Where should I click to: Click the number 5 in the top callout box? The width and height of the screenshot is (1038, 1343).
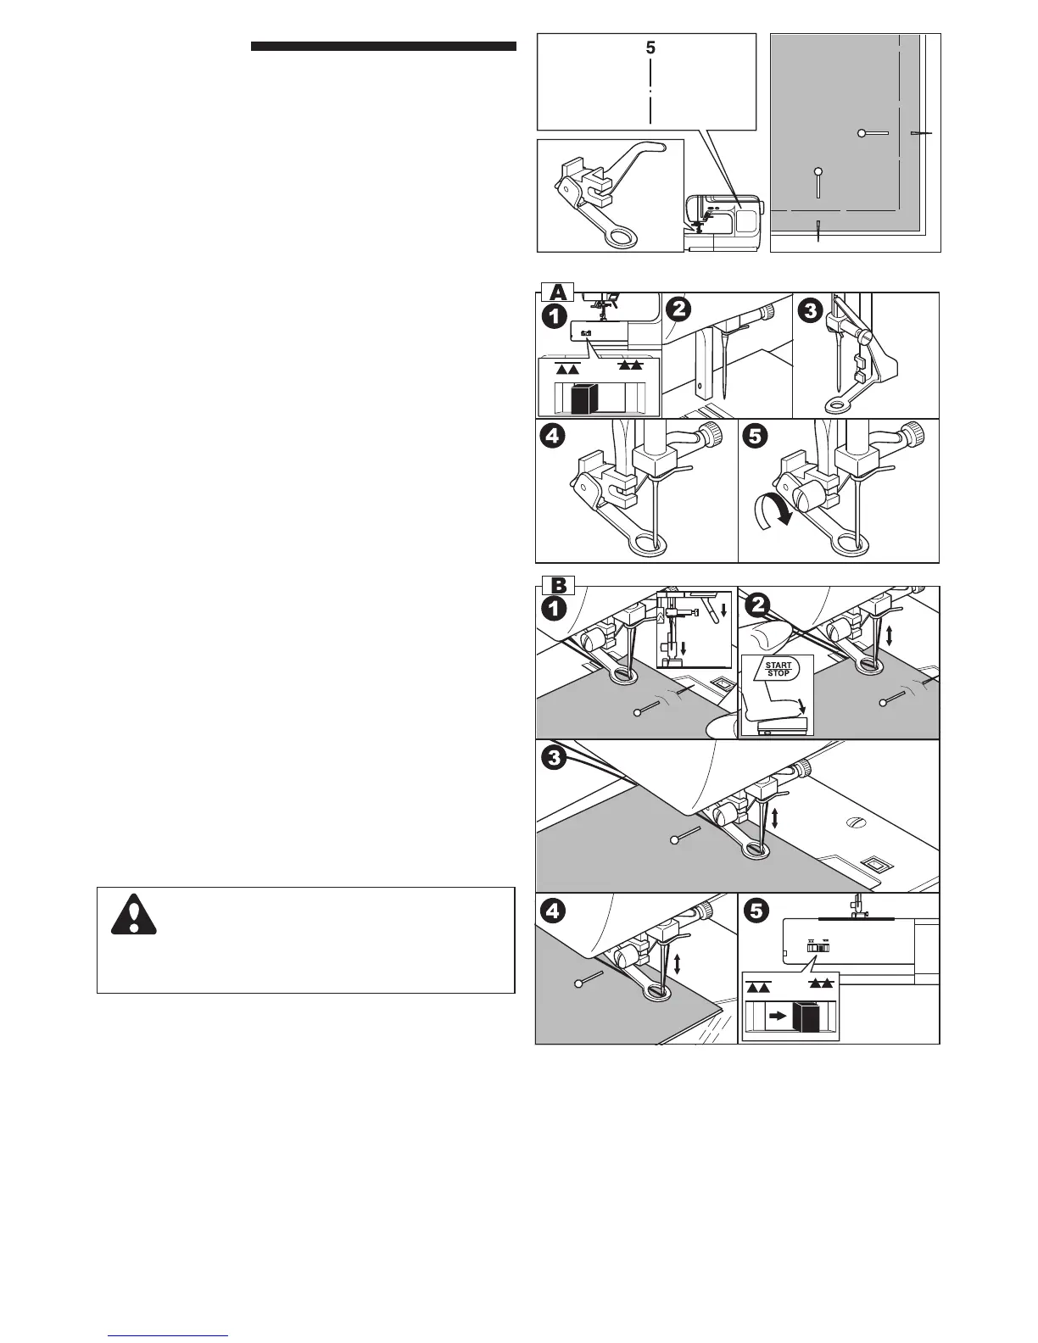point(650,49)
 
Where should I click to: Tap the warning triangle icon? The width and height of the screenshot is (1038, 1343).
point(133,913)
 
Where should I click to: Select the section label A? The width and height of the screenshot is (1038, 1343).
point(554,292)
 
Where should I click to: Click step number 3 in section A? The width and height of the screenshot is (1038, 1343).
point(810,312)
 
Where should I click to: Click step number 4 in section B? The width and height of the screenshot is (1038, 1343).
point(554,911)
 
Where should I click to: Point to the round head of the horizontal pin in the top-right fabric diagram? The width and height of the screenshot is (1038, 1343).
point(862,133)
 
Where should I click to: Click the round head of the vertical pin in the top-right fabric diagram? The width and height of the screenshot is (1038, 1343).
point(818,171)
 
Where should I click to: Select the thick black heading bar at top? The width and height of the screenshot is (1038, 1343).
point(383,47)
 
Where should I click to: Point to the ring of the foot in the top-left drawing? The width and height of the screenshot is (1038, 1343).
point(612,238)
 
